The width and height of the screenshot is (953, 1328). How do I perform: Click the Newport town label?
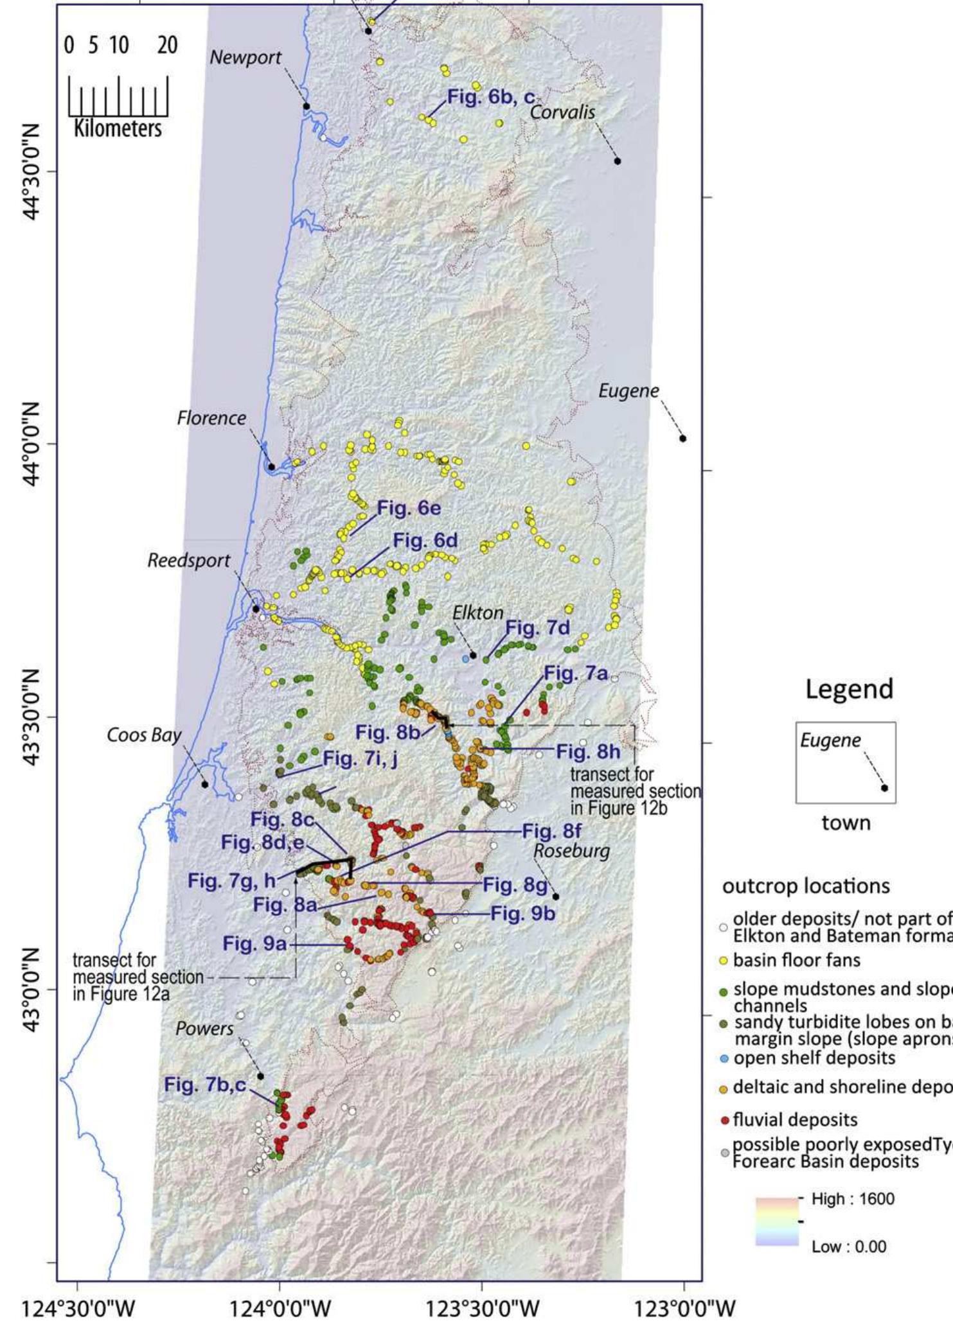pyautogui.click(x=245, y=57)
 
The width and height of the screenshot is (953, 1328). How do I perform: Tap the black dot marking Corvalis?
pyautogui.click(x=618, y=161)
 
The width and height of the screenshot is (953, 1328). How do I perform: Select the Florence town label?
pyautogui.click(x=211, y=418)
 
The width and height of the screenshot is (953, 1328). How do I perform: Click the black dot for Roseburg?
pyautogui.click(x=556, y=896)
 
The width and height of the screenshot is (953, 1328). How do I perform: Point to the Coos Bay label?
pyautogui.click(x=144, y=735)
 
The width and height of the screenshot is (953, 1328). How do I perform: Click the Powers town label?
pyautogui.click(x=204, y=1028)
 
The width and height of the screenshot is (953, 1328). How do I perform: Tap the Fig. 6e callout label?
pyautogui.click(x=409, y=508)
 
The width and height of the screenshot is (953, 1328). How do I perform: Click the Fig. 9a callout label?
pyautogui.click(x=254, y=943)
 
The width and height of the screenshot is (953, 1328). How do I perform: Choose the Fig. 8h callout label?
pyautogui.click(x=588, y=751)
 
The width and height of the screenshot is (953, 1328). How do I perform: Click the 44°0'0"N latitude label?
pyautogui.click(x=32, y=444)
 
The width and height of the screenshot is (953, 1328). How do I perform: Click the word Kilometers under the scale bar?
pyautogui.click(x=118, y=128)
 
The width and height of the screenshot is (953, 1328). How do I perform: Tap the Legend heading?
pyautogui.click(x=849, y=689)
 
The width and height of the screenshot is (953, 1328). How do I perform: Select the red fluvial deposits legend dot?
pyautogui.click(x=724, y=1121)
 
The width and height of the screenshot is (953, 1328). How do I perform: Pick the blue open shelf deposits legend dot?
pyautogui.click(x=724, y=1058)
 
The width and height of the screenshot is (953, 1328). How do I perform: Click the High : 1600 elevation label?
pyautogui.click(x=852, y=1198)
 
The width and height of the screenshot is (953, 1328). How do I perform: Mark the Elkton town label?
pyautogui.click(x=477, y=613)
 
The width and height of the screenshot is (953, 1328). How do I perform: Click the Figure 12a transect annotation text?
pyautogui.click(x=138, y=977)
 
